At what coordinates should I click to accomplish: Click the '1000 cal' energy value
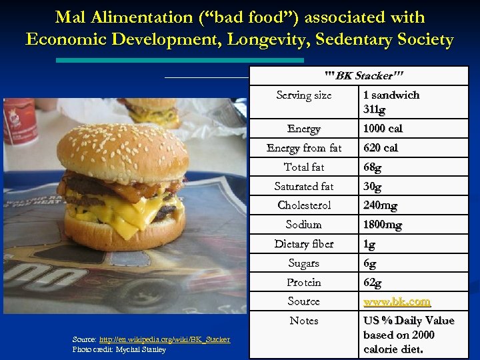pyautogui.click(x=383, y=129)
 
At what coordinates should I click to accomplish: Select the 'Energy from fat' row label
pyautogui.click(x=304, y=148)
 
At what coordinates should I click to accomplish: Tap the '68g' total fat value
pyautogui.click(x=373, y=167)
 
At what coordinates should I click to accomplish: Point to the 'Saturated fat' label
pyautogui.click(x=304, y=187)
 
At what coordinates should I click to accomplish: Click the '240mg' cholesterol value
pyautogui.click(x=380, y=205)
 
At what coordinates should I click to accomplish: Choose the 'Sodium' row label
pyautogui.click(x=304, y=225)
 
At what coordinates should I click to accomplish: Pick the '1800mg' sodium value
pyautogui.click(x=383, y=225)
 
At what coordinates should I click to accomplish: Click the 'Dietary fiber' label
pyautogui.click(x=304, y=244)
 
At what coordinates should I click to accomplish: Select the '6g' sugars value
pyautogui.click(x=370, y=264)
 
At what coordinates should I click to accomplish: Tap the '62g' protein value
pyautogui.click(x=373, y=283)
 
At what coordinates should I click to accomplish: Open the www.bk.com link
pyautogui.click(x=397, y=302)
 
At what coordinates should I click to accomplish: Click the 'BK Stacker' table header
pyautogui.click(x=364, y=76)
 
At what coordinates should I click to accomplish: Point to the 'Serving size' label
pyautogui.click(x=304, y=95)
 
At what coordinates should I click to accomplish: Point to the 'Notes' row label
pyautogui.click(x=304, y=321)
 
